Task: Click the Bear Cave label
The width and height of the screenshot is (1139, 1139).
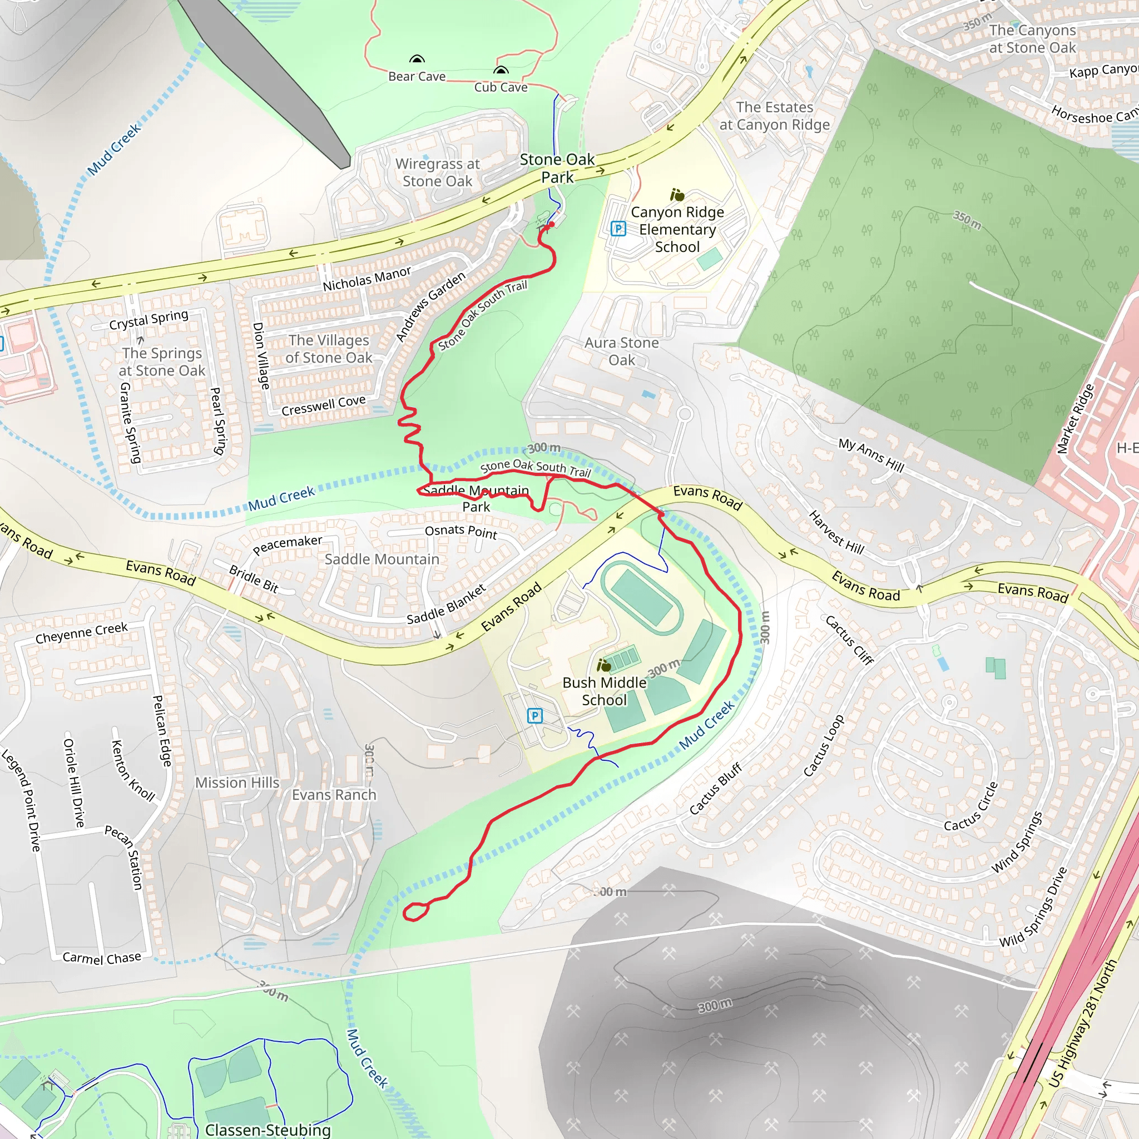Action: click(417, 77)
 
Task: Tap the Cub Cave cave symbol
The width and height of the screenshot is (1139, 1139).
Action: click(501, 71)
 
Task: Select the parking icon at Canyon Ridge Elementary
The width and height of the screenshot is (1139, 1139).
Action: click(618, 228)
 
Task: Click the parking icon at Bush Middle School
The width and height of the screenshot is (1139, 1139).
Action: click(534, 716)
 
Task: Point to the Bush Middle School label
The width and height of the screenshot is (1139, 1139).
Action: click(605, 691)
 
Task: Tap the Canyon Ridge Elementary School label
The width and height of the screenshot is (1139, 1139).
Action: click(677, 229)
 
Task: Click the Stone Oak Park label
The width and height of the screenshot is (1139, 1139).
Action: click(557, 169)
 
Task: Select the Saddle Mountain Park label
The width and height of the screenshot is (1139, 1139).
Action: click(476, 498)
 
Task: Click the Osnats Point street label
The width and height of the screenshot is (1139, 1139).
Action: click(461, 532)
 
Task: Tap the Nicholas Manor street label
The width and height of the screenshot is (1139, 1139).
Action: click(367, 279)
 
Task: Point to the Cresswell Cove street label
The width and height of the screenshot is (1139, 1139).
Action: click(324, 405)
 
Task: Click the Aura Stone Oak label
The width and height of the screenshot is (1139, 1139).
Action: click(621, 351)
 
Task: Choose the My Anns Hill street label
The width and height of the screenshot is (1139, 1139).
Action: click(871, 455)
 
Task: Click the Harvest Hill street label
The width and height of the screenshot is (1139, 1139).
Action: click(836, 533)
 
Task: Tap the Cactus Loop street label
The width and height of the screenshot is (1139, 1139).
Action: click(824, 746)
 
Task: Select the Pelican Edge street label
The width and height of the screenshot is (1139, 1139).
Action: click(161, 731)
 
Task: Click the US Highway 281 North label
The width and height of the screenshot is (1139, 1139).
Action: click(1083, 1023)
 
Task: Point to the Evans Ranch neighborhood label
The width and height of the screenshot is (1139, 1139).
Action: click(334, 795)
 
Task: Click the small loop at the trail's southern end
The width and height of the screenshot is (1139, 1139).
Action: click(415, 912)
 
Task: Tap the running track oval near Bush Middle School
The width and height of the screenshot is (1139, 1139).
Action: click(642, 597)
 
